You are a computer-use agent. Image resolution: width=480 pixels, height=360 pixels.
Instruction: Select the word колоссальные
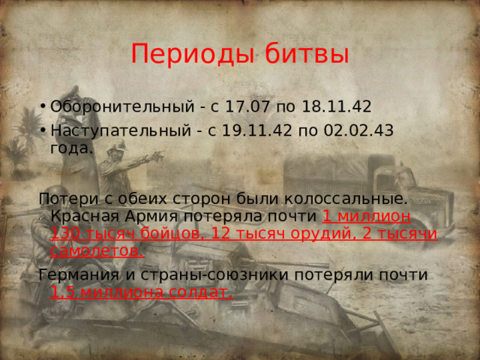click(352, 199)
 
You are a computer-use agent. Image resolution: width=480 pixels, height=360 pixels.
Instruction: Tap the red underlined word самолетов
click(96, 251)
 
